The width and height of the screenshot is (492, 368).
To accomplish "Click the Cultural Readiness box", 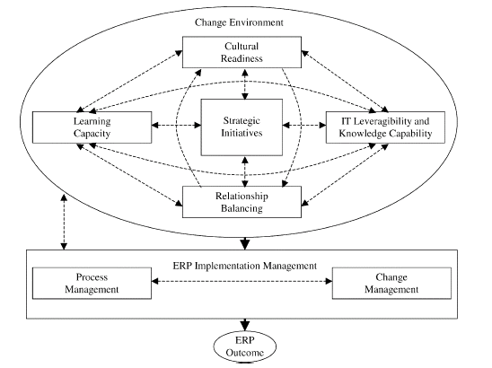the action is tap(242, 52).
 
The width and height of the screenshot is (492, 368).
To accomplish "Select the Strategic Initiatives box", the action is tap(242, 127).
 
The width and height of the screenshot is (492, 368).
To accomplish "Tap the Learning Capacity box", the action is tap(92, 127).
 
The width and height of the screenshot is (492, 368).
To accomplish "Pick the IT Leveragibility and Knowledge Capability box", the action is tap(385, 127).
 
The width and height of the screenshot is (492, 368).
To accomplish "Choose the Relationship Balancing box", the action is tap(242, 202).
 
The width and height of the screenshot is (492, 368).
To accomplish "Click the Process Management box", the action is tap(92, 283).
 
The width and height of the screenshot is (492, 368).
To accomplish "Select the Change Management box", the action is tap(391, 283).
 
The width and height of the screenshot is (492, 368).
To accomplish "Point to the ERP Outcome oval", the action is tap(245, 346).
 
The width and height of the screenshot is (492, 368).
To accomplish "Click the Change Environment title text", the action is tap(239, 22).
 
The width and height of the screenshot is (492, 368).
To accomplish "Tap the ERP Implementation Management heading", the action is tap(245, 266).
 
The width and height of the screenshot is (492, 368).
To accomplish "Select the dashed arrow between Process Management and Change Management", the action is tap(242, 281).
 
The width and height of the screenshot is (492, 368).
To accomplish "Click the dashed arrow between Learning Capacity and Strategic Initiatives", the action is tap(176, 125).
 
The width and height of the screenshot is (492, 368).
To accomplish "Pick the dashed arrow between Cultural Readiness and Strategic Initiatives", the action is tap(245, 83).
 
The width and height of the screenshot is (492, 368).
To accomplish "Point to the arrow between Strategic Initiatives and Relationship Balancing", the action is tap(245, 171).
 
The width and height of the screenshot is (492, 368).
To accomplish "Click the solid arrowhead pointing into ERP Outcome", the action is tap(245, 325).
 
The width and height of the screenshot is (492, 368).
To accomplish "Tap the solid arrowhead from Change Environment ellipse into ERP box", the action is tap(245, 243).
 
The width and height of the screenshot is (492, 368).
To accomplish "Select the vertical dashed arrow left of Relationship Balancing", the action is tap(64, 222).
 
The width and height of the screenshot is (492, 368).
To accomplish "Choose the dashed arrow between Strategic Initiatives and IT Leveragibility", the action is tap(304, 125).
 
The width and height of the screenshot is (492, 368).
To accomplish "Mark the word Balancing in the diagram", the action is tap(242, 208).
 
